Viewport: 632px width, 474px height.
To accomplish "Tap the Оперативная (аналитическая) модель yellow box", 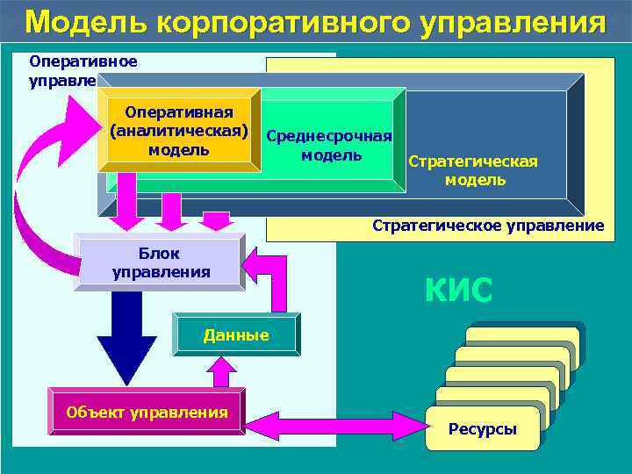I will click(x=179, y=131).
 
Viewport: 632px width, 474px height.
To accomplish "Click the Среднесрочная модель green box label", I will click(x=329, y=146).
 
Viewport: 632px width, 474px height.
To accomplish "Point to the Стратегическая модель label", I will click(x=475, y=171).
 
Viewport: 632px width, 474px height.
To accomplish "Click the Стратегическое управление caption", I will click(x=488, y=226).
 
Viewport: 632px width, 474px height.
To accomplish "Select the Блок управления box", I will click(x=161, y=262).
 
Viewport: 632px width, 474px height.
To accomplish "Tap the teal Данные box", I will click(x=235, y=334).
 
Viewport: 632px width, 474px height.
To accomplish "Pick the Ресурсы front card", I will click(x=482, y=428).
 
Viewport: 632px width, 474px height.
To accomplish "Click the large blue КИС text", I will click(x=458, y=289).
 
